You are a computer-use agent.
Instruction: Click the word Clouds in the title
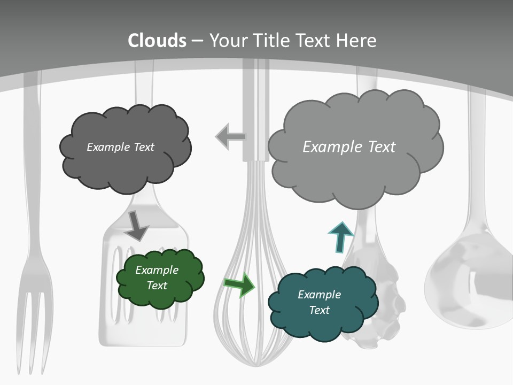[157, 41]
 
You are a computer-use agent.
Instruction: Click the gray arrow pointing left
[230, 137]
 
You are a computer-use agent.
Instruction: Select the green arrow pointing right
[239, 284]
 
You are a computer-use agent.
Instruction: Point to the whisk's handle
[255, 107]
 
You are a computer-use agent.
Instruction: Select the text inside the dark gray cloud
[120, 147]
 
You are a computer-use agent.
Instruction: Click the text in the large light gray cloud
[349, 147]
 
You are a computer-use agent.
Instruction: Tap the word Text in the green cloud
[157, 286]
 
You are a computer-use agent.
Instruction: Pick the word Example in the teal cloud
[319, 295]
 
